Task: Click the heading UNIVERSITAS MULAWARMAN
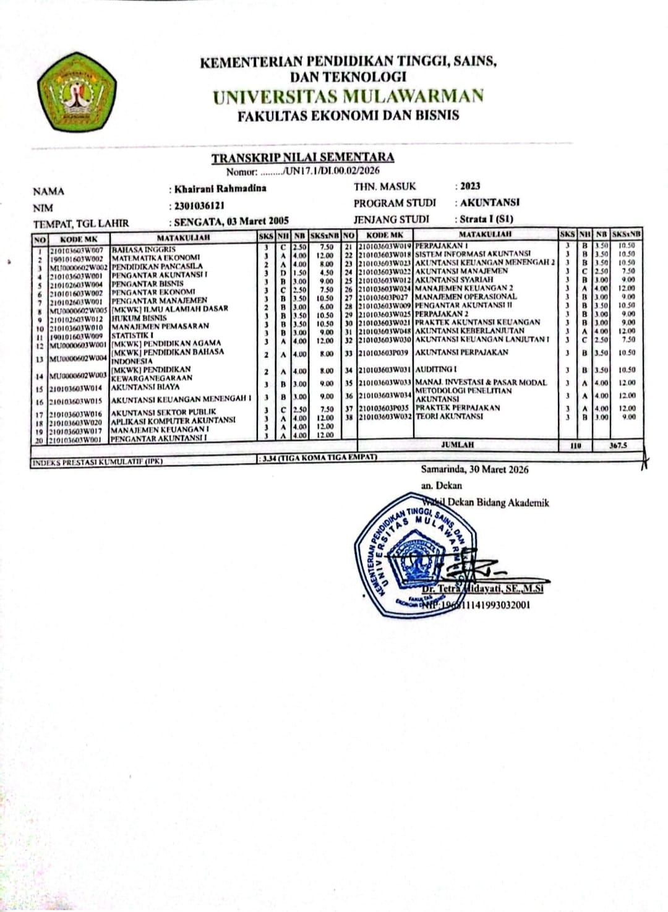(x=348, y=96)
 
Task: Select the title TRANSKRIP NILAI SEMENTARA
(x=302, y=158)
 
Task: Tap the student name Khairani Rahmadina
(x=220, y=189)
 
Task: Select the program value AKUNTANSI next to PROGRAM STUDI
(x=489, y=202)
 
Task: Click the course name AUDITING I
(x=436, y=369)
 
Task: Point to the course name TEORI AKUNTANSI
(x=449, y=417)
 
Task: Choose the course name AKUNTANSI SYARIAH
(x=454, y=279)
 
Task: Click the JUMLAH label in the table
(x=457, y=445)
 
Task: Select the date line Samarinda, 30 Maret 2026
(x=475, y=470)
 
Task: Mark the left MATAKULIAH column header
(x=183, y=237)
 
